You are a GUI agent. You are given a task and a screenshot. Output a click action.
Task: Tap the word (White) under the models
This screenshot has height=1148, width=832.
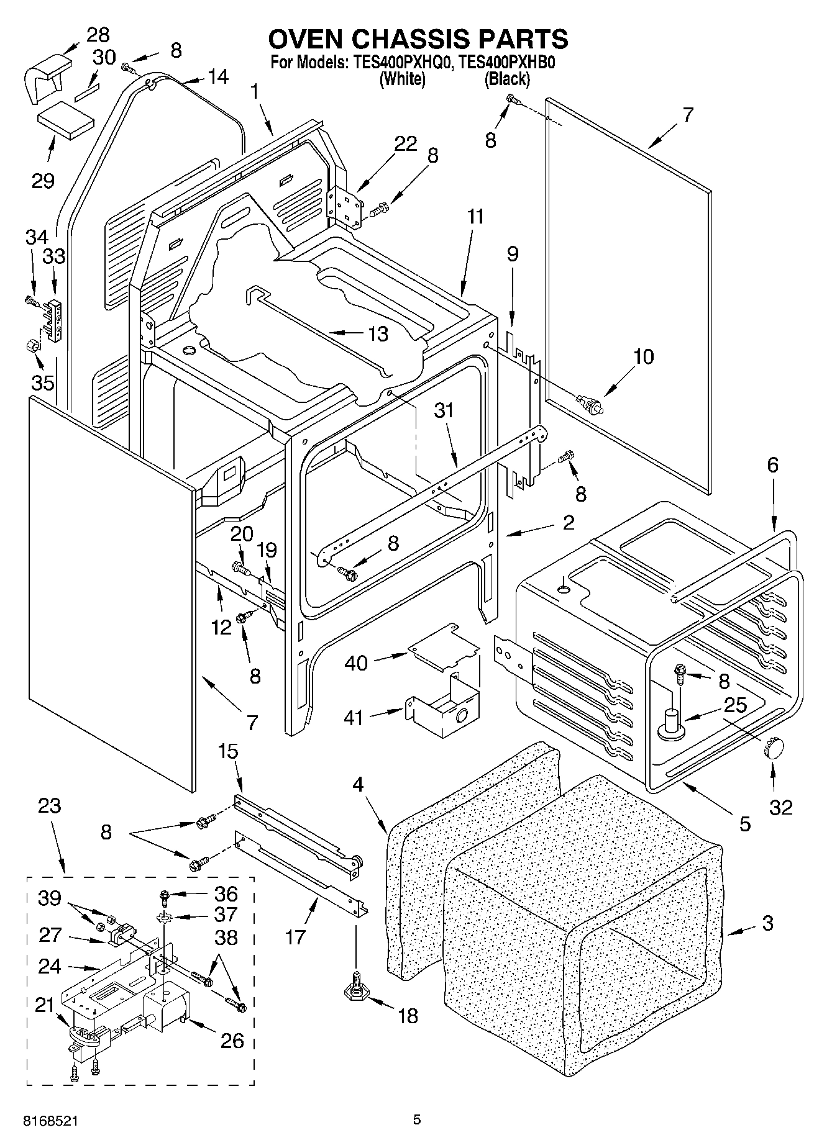[x=402, y=79]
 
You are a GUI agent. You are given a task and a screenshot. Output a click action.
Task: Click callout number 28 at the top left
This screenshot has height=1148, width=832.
[x=97, y=34]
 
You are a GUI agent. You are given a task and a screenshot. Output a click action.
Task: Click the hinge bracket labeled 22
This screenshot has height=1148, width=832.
[x=344, y=206]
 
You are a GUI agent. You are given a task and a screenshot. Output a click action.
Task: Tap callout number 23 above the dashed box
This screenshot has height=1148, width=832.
[x=50, y=806]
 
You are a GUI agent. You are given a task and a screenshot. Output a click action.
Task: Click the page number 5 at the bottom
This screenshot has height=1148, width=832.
[x=417, y=1120]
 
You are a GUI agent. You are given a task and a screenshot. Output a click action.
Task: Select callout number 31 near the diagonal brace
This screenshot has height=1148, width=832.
[x=444, y=410]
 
